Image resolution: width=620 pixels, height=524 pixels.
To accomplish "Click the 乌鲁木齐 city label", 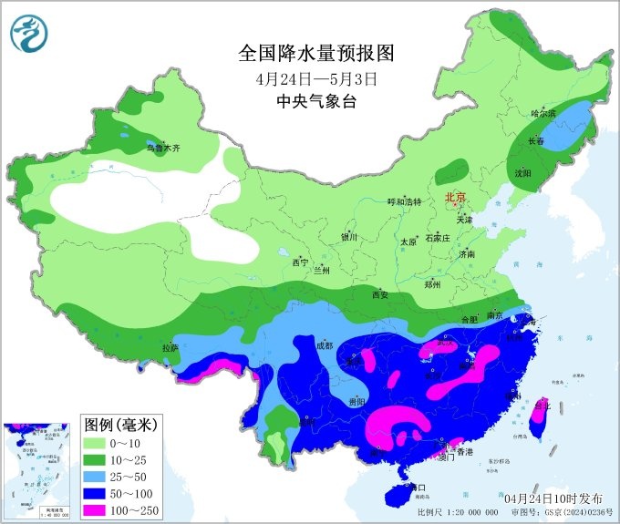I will point(163,146).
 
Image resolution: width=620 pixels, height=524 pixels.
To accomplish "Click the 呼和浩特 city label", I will point(404,202).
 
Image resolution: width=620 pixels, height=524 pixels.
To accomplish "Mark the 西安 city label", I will point(379,294).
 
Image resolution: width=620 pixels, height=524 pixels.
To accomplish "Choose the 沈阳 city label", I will point(522,172).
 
